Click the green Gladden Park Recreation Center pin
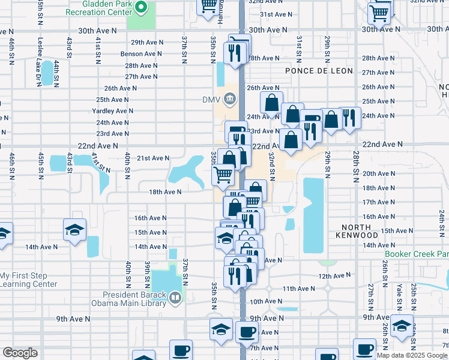(x=142, y=8)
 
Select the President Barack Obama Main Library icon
(x=175, y=297)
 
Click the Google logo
(x=20, y=353)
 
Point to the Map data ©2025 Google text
(x=412, y=355)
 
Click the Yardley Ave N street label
(x=112, y=111)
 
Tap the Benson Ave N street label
(x=139, y=53)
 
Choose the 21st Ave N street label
(x=153, y=158)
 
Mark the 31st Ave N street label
(x=276, y=14)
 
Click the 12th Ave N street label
(x=334, y=276)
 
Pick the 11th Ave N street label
(x=299, y=289)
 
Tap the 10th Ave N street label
(x=265, y=301)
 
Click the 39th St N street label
(x=147, y=275)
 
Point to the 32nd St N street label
(x=272, y=163)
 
